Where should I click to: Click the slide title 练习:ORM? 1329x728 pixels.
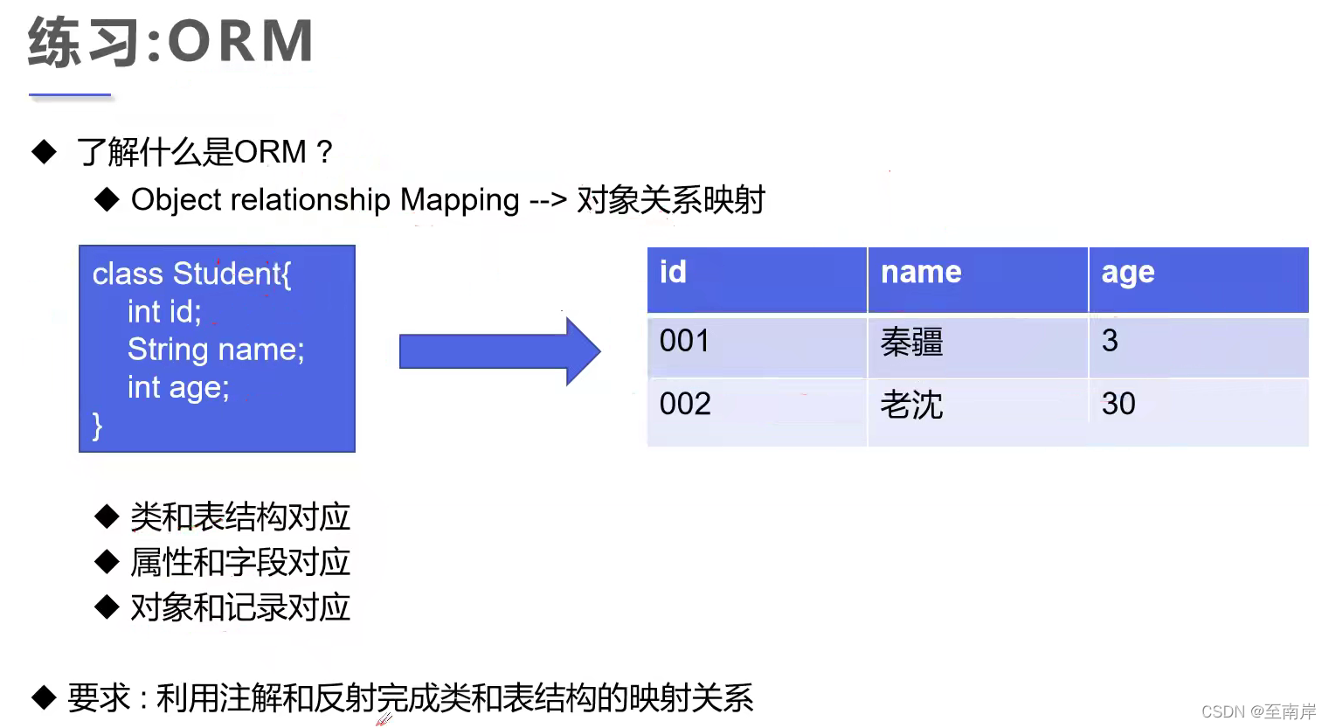coord(171,41)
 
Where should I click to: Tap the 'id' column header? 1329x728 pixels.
coord(673,273)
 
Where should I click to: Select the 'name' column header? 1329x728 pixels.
coord(921,273)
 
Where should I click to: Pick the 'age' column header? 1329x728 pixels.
coord(1127,273)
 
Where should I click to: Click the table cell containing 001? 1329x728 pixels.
coord(684,341)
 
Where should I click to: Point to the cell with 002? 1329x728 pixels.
coord(685,404)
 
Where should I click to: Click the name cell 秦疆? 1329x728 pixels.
coord(911,342)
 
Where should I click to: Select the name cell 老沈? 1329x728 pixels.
coord(911,405)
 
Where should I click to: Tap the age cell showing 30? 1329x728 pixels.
coord(1118,404)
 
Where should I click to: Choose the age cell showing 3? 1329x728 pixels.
coord(1110,341)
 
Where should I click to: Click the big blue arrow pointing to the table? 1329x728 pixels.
coord(499,351)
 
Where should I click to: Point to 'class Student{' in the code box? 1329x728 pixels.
coord(191,274)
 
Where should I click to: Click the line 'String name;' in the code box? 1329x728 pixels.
coord(216,350)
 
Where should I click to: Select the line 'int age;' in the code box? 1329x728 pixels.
coord(178,387)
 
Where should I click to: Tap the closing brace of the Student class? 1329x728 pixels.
coord(97,426)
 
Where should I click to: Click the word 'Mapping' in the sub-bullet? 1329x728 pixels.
coord(460,200)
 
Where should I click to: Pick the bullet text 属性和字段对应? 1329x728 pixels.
coord(239,562)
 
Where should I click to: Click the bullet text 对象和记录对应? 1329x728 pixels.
coord(239,607)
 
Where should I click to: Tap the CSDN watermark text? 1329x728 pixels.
coord(1258,711)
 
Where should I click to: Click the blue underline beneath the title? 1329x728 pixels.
coord(70,94)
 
